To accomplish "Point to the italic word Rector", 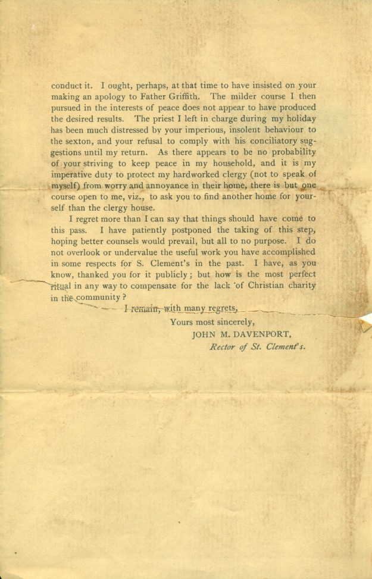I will (x=223, y=347).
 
